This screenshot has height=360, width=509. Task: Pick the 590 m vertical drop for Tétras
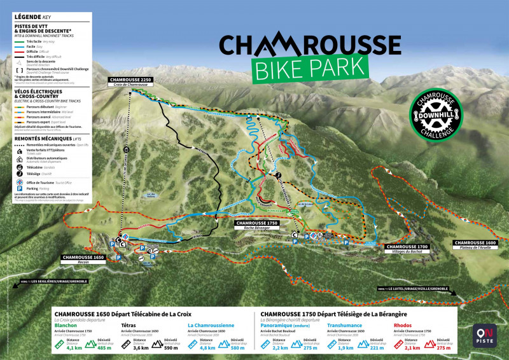171,348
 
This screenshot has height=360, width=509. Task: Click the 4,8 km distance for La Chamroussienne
207,348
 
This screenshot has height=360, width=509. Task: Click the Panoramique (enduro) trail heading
284,325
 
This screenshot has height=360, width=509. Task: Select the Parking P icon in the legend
20,188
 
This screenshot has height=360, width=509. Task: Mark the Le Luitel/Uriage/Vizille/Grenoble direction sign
413,288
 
